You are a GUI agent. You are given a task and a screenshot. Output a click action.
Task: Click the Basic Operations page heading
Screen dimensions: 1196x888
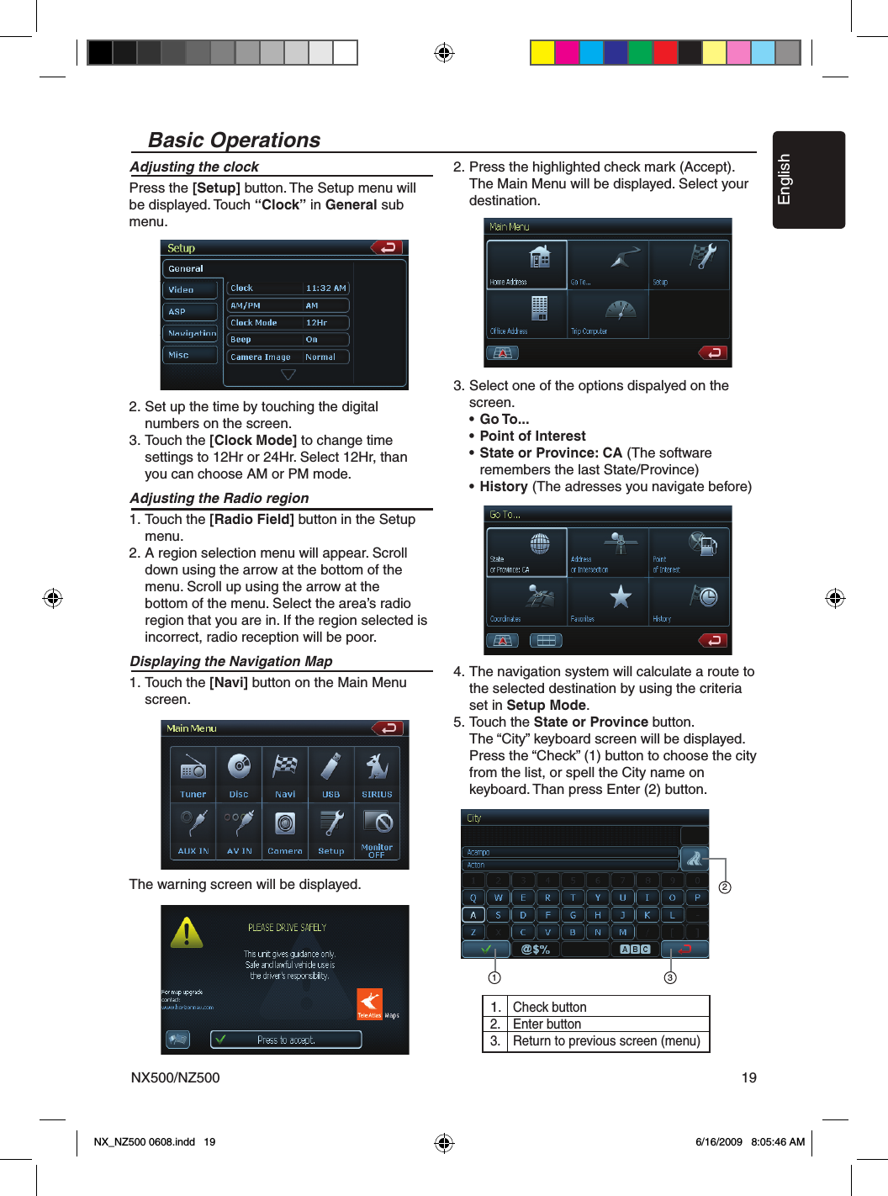click(234, 140)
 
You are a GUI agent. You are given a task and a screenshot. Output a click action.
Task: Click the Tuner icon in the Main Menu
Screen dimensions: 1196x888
click(193, 769)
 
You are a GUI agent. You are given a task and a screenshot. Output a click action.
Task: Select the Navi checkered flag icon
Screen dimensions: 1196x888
click(285, 767)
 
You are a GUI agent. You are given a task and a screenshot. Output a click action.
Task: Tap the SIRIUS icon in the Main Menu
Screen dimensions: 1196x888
click(377, 767)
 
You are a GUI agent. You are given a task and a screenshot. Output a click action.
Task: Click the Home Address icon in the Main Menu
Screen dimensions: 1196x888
click(540, 259)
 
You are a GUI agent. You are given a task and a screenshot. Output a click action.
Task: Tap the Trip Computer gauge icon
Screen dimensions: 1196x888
click(621, 310)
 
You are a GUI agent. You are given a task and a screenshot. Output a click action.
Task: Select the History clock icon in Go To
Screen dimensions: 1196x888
click(705, 596)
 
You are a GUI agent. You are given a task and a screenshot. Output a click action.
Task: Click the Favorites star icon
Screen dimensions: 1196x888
click(621, 596)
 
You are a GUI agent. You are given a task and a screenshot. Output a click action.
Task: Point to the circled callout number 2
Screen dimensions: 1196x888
click(725, 887)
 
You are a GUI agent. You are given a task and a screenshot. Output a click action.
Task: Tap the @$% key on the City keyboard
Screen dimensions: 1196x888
click(535, 950)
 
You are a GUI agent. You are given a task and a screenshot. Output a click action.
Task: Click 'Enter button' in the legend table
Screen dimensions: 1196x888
click(547, 1024)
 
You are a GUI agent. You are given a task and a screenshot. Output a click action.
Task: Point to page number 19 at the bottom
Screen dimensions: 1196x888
click(748, 1077)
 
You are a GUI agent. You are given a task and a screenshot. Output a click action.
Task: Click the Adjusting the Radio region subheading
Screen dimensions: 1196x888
click(219, 498)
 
